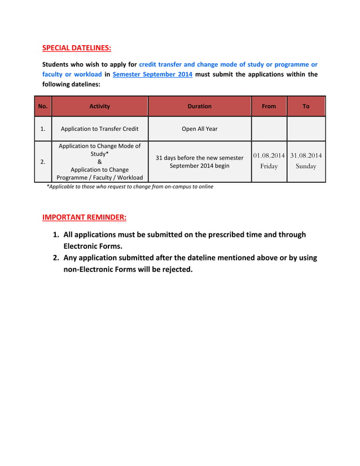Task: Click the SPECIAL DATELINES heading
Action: coord(77,47)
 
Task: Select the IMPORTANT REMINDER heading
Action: coord(85,217)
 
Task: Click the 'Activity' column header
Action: coord(100,106)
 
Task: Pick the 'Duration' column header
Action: coord(199,106)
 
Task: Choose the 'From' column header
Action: coord(269,106)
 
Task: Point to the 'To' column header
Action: coord(306,106)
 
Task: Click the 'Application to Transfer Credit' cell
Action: coord(100,129)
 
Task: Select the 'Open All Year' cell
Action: coord(199,129)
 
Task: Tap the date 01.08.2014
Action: coord(269,155)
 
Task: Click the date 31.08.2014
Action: coord(306,155)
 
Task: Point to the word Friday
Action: coord(269,166)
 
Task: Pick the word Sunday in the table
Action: coord(306,166)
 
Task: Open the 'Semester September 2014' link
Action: coord(152,74)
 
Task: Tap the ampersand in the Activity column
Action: coord(100,161)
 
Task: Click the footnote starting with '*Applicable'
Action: coord(130,186)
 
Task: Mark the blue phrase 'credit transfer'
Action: coord(162,64)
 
